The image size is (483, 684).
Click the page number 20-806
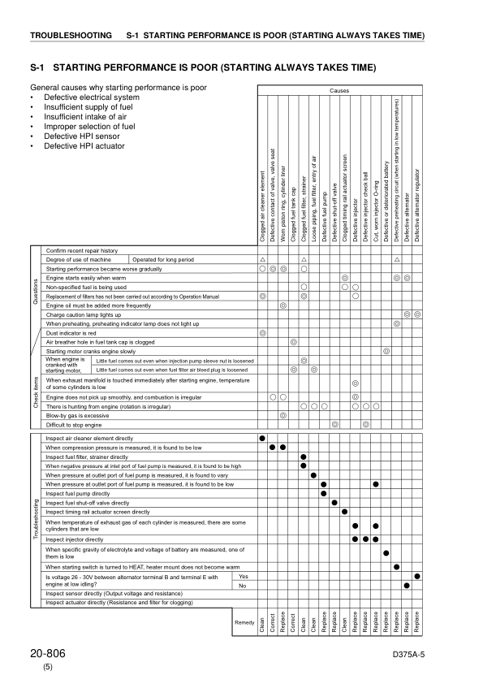50,653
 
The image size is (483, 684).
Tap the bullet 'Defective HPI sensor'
74,136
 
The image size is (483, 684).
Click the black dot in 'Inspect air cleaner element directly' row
262,438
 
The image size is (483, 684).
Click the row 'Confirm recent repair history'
82,251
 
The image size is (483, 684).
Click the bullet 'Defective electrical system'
84,97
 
